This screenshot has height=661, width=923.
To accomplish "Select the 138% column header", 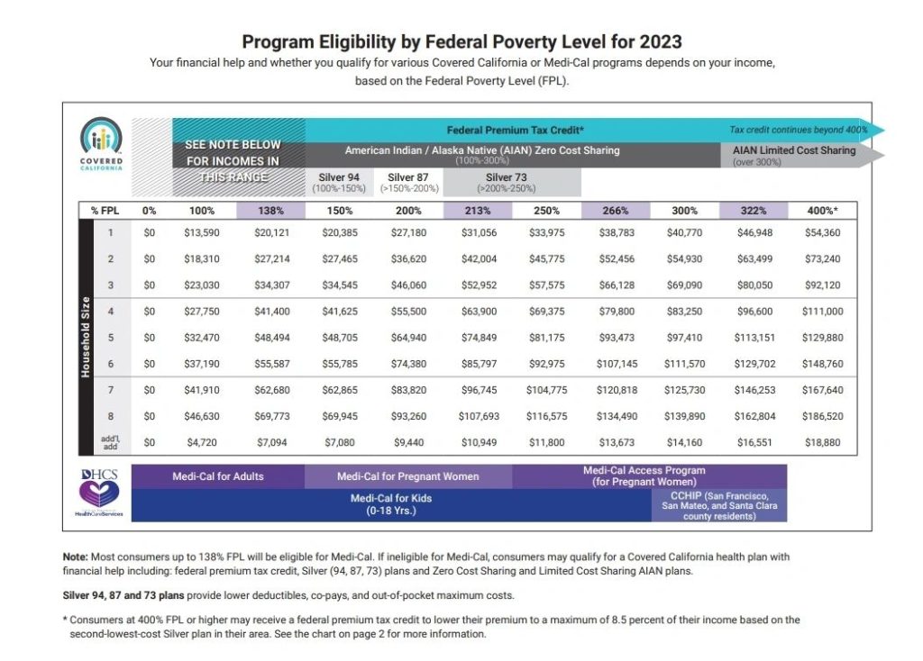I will (271, 211).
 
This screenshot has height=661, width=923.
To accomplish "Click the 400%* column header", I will (820, 211).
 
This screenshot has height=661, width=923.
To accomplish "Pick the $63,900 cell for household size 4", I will (477, 311).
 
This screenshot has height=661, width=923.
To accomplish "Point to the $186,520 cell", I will (820, 417).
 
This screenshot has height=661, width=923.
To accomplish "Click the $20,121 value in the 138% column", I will (271, 233).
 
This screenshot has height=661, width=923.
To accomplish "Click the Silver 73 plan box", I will (511, 183).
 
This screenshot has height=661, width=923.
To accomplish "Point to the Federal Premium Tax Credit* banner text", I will (516, 130).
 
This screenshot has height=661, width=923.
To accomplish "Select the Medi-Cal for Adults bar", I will (217, 475).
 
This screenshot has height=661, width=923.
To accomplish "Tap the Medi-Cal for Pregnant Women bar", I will (407, 475).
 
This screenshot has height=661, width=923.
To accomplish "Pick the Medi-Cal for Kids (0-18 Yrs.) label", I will (390, 504).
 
